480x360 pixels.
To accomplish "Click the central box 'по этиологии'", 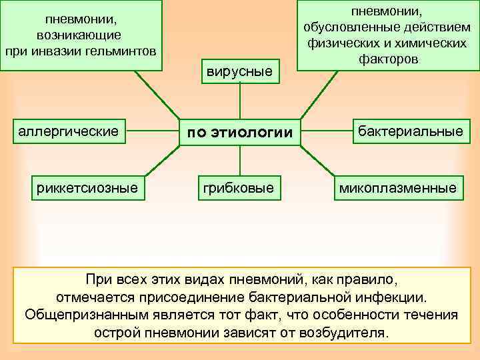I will (x=239, y=133).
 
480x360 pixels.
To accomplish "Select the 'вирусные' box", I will (x=239, y=71).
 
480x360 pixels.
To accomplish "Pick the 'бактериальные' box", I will (x=410, y=131).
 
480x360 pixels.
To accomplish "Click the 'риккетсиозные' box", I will (x=87, y=188).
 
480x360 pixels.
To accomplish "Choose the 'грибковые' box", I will (x=239, y=188).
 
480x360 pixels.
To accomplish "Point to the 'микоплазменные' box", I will (x=398, y=188).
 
